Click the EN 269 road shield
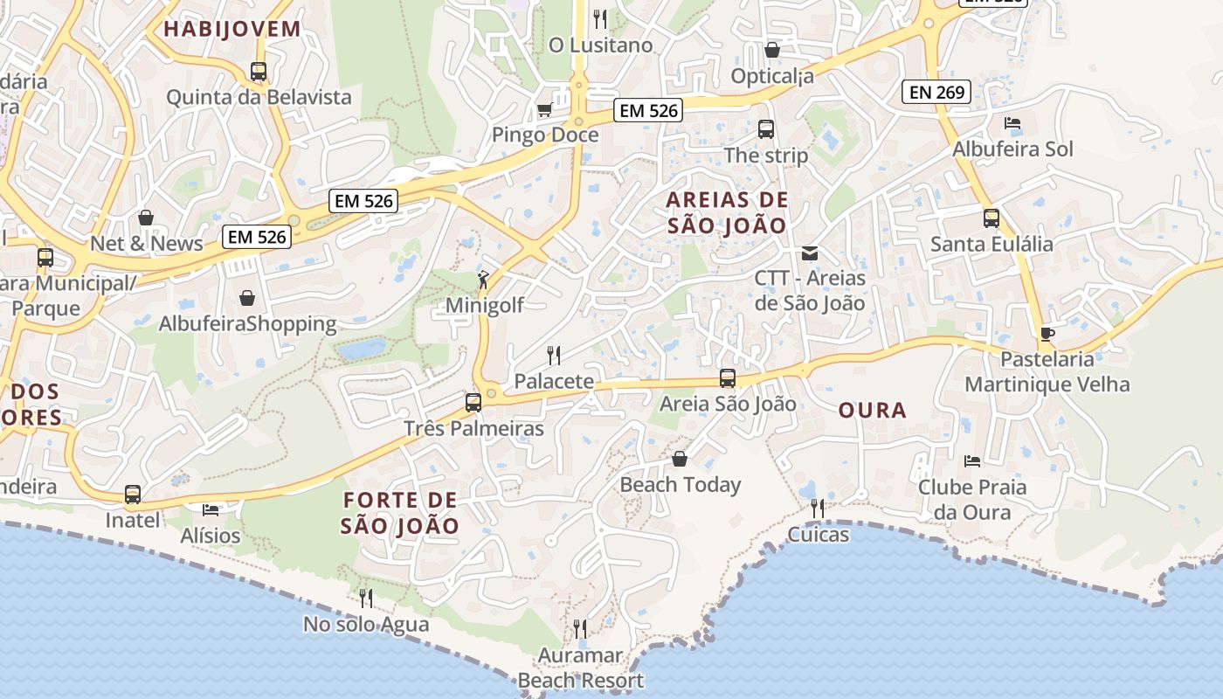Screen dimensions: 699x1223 [937, 91]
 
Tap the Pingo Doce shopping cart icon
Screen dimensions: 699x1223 [544, 110]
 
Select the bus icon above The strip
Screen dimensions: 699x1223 [766, 129]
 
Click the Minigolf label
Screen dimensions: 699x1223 [484, 305]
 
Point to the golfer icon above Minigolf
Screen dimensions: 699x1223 [483, 280]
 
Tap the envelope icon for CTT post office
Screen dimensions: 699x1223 [810, 253]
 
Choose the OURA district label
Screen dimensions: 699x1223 [872, 410]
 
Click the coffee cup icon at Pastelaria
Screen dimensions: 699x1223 [1047, 334]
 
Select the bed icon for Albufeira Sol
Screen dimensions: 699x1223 [1012, 123]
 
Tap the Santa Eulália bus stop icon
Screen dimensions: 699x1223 [992, 218]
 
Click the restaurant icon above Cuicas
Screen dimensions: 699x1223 [818, 508]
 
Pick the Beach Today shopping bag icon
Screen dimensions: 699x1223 [680, 459]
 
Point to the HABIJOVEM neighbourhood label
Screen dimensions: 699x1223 [232, 29]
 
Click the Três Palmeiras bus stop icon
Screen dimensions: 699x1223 [473, 403]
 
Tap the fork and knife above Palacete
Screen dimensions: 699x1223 [554, 355]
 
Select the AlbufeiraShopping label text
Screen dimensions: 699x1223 [247, 324]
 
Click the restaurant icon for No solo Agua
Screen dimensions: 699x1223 [366, 598]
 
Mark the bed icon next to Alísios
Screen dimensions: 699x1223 [210, 509]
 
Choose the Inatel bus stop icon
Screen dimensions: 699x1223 [133, 495]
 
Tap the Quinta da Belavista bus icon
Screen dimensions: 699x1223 [259, 72]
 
